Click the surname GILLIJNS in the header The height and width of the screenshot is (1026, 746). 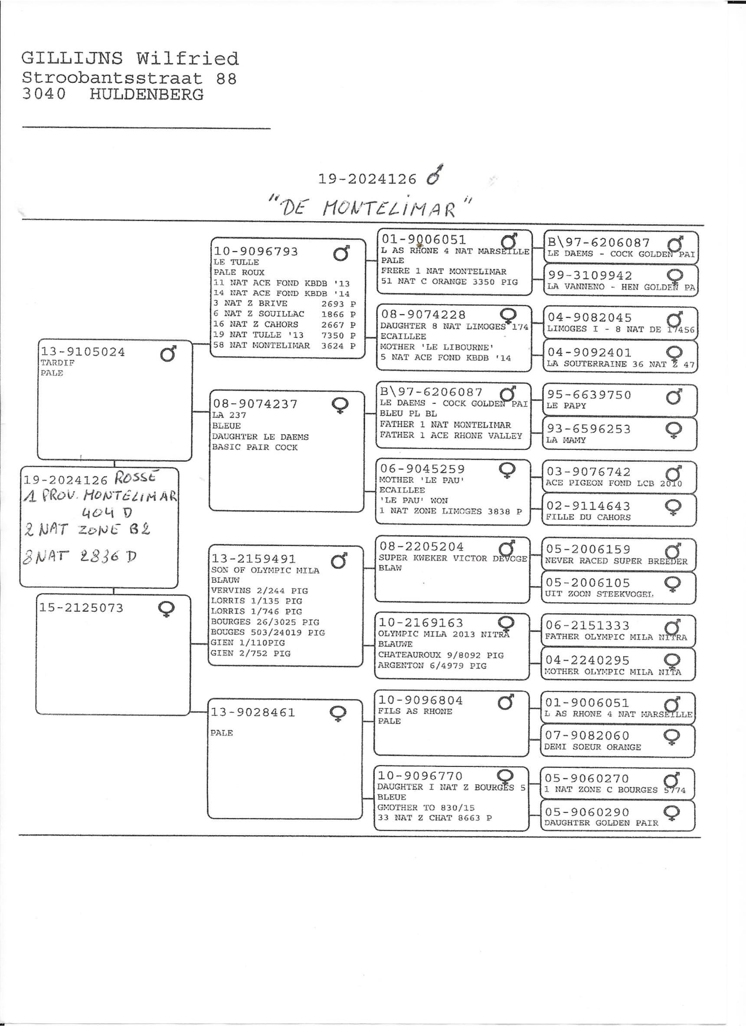[72, 59]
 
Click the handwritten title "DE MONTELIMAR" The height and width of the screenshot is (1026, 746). [369, 208]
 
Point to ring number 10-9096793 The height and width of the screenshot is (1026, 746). [255, 252]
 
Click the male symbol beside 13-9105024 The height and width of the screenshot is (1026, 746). [168, 354]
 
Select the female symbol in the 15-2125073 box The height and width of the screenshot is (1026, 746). [166, 609]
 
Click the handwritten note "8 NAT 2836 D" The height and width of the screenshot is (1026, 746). [80, 557]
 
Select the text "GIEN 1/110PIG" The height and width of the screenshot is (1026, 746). [248, 643]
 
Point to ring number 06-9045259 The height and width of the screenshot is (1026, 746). [422, 469]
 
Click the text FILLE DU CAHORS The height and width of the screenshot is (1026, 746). [588, 517]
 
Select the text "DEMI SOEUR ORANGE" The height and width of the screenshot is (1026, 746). [592, 747]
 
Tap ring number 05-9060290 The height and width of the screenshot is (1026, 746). [587, 812]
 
